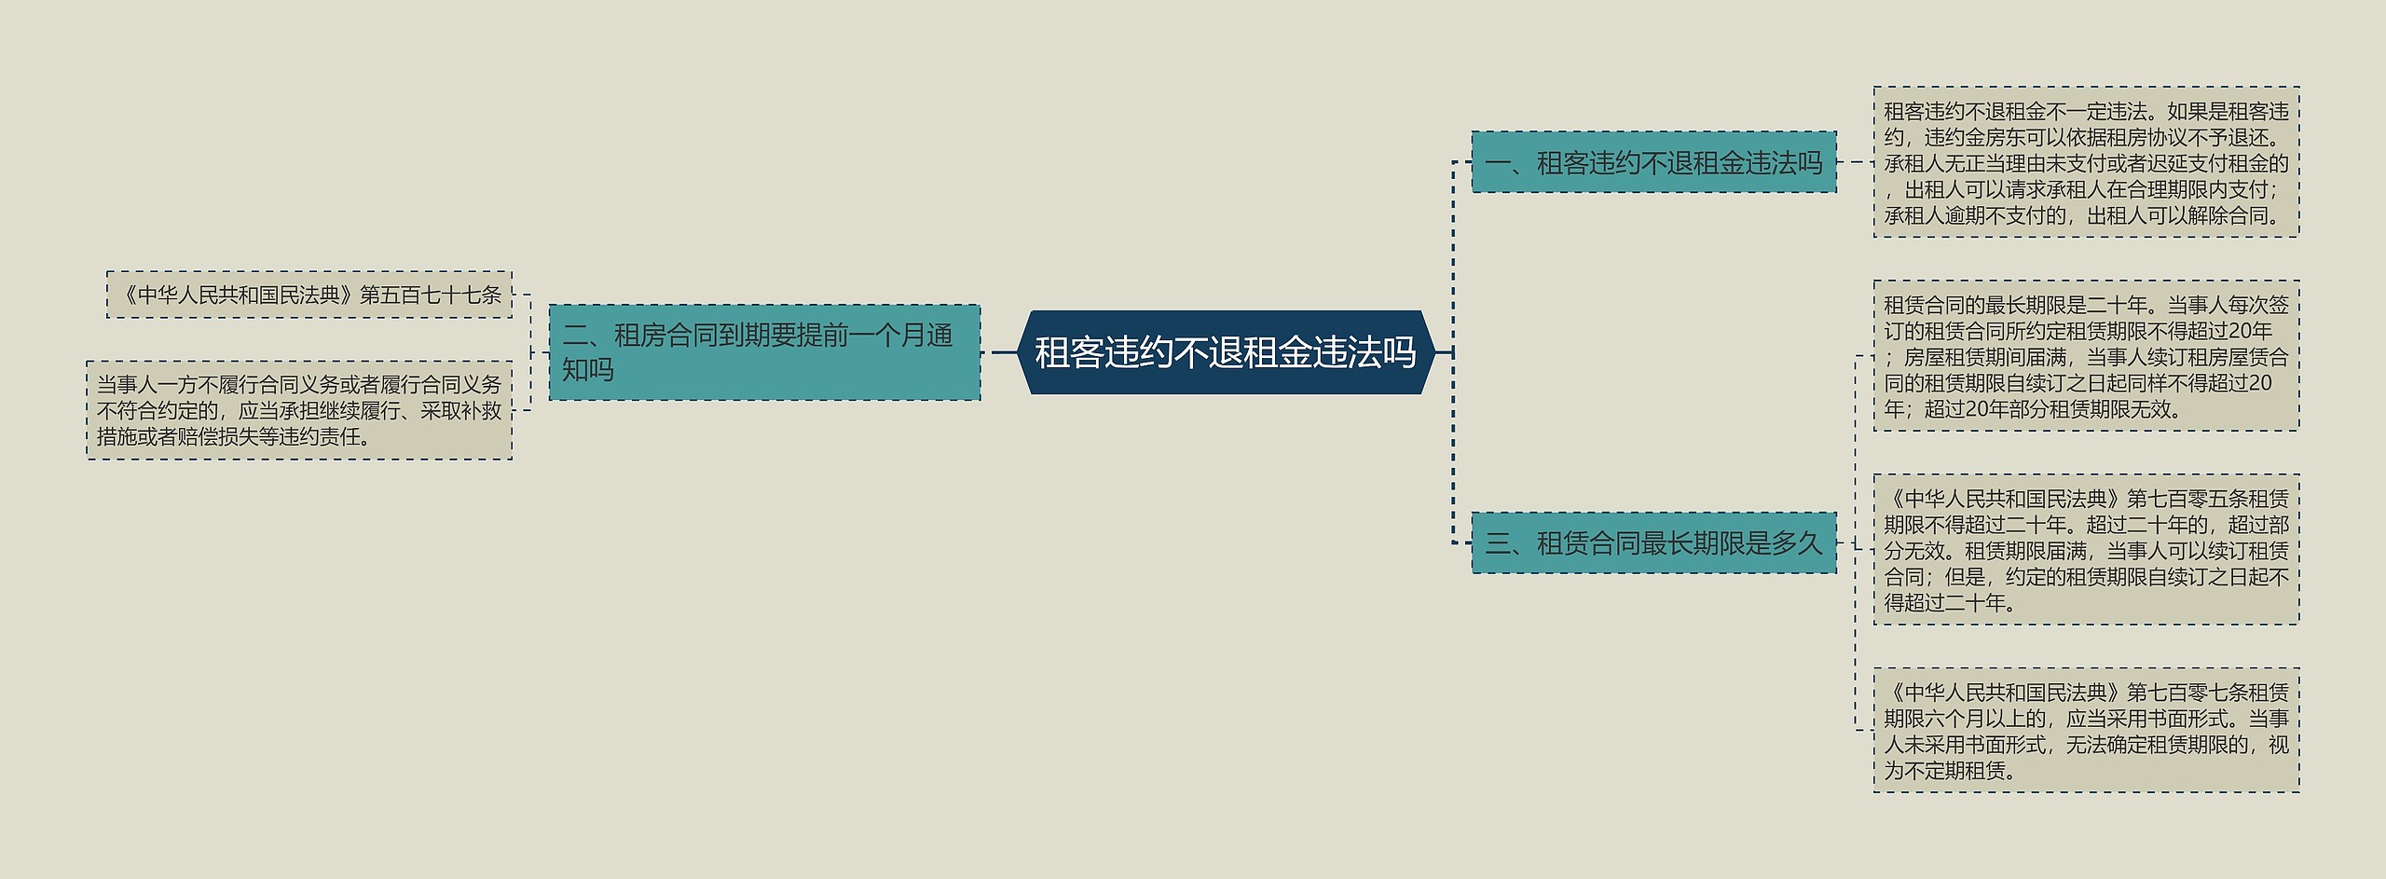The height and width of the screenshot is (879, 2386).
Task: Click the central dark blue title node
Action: (x=1225, y=352)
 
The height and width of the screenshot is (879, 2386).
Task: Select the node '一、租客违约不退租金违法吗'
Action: (x=1653, y=162)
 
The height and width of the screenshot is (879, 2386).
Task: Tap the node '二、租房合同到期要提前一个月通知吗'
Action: (x=764, y=352)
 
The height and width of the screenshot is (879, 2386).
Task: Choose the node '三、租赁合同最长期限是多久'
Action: (x=1653, y=543)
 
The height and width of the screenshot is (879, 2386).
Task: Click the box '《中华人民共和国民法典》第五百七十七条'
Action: (x=309, y=295)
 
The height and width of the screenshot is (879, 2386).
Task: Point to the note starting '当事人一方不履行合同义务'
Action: (x=299, y=410)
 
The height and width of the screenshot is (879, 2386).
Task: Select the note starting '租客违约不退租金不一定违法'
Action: (x=2086, y=163)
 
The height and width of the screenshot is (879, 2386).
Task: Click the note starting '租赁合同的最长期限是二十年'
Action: (x=2086, y=356)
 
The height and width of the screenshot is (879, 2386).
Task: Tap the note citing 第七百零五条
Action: (x=2086, y=550)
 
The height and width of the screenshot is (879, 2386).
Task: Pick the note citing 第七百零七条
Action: (x=2086, y=731)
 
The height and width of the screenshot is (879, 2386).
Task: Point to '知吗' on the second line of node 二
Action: (x=588, y=370)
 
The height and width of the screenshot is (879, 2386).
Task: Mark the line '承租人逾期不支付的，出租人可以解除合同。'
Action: (x=2086, y=215)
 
